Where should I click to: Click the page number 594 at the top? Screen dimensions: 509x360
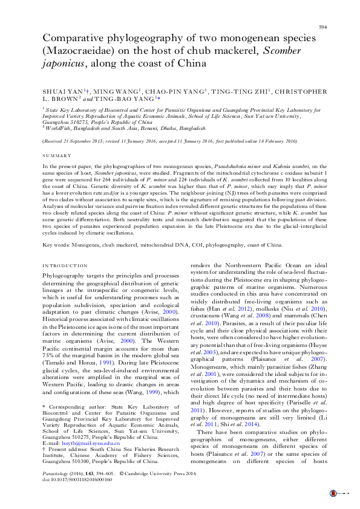click(324, 27)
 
